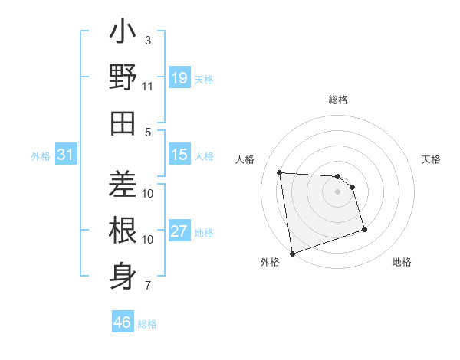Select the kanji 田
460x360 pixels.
click(x=123, y=123)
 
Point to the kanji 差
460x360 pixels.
click(x=123, y=185)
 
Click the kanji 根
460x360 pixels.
click(x=123, y=231)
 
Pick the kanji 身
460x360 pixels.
click(x=123, y=273)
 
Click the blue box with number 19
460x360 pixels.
click(x=179, y=78)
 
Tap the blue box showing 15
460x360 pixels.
click(x=179, y=155)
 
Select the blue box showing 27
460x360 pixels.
click(x=179, y=231)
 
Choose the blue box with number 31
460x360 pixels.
click(x=66, y=155)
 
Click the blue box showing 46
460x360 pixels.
click(x=123, y=322)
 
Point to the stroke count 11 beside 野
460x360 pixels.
click(x=148, y=87)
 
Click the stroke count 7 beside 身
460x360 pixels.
click(x=148, y=286)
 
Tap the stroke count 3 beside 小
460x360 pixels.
click(x=148, y=40)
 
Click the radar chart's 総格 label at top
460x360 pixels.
click(x=338, y=100)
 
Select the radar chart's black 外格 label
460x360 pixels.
click(x=270, y=262)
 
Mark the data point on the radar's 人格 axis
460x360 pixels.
click(x=280, y=172)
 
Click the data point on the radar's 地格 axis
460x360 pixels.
click(x=364, y=229)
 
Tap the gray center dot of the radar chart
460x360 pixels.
click(x=338, y=192)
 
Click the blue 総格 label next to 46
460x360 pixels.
click(x=147, y=324)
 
